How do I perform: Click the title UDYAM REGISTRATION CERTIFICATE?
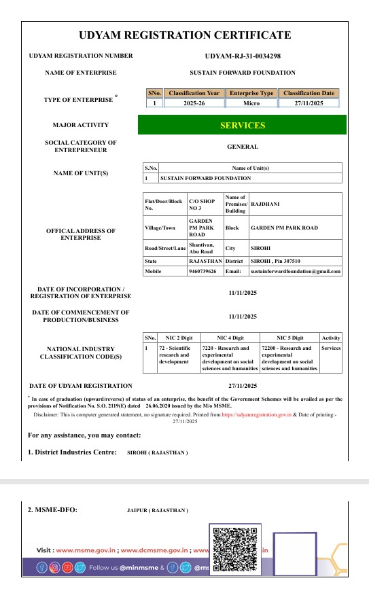point(185,35)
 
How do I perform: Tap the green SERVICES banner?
point(243,125)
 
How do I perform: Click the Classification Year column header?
point(194,92)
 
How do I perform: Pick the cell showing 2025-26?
point(194,103)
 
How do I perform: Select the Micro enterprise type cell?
point(251,103)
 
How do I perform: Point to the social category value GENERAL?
point(243,146)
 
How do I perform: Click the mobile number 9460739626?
point(203,270)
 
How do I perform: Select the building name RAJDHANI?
point(266,203)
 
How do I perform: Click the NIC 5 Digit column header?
point(289,337)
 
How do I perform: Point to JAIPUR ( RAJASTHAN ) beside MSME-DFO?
point(158,509)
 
